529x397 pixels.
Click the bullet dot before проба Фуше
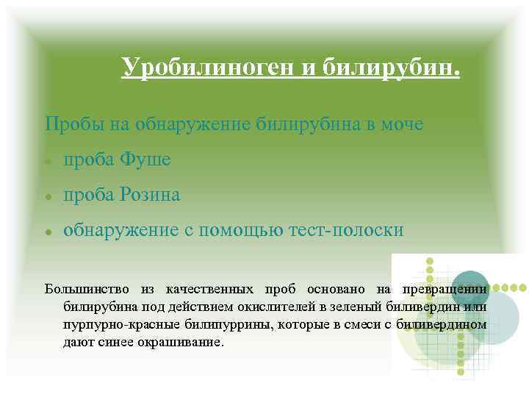[x=47, y=160]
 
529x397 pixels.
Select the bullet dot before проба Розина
[x=47, y=196]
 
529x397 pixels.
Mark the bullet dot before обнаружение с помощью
[x=47, y=232]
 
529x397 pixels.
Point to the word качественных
[x=209, y=289]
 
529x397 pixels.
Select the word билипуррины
[x=233, y=323]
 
